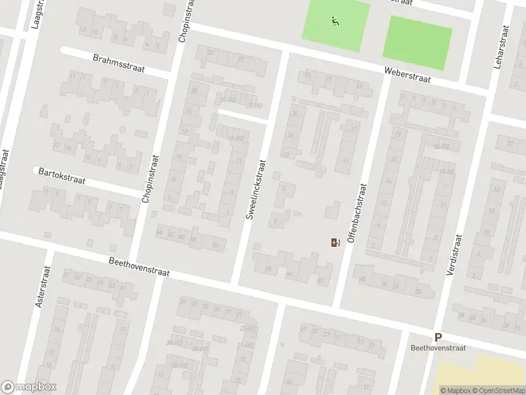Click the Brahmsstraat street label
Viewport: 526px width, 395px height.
coord(119,64)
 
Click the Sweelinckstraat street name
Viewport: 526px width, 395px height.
coord(255,190)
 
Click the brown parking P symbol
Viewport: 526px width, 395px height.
coord(437,336)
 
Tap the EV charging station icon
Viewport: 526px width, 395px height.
coord(335,243)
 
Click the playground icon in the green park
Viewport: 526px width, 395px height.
coord(335,21)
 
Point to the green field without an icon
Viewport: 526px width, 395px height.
coord(418,42)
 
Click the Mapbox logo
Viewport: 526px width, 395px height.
coord(28,387)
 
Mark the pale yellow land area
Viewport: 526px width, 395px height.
coord(483,375)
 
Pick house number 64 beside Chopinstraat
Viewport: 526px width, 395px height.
coord(159,232)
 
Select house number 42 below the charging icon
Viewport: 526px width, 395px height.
coord(321,280)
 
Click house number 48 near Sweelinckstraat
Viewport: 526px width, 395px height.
coord(268,268)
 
